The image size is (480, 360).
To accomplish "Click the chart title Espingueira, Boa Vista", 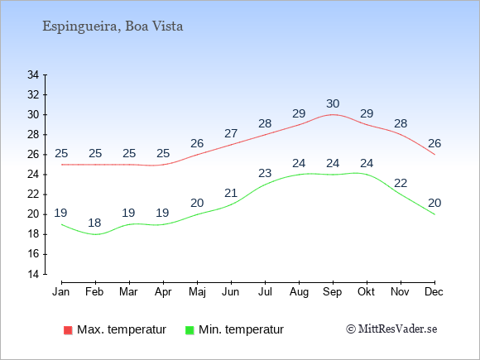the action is tap(113, 26).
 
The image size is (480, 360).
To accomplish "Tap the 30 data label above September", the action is tap(333, 103).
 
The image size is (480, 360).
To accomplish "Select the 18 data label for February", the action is tap(94, 223).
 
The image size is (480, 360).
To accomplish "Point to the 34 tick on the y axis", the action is tap(33, 74).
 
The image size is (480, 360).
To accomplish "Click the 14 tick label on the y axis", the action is tap(33, 274).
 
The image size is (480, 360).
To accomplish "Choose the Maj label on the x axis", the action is tap(197, 292).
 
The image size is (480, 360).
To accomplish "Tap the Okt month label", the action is tap(366, 291).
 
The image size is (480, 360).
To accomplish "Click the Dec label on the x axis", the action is tap(434, 291).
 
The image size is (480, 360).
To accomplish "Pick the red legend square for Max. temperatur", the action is tap(68, 330).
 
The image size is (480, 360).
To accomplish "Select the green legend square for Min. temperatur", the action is tap(190, 330).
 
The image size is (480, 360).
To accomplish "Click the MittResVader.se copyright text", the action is tap(391, 329).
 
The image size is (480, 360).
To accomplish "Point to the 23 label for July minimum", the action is tap(265, 173).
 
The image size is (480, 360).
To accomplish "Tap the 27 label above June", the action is tap(231, 133).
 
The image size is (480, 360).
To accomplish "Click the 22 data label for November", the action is tap(401, 183).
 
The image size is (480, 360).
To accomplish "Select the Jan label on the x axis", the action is tap(61, 291).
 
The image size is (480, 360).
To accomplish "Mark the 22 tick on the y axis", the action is tap(33, 194).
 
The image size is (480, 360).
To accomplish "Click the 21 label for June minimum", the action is tap(231, 193).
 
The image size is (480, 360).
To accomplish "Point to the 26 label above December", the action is tap(434, 143).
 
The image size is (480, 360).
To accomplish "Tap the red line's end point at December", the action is tap(434, 155).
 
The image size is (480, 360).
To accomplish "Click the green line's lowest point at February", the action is tap(95, 234).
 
